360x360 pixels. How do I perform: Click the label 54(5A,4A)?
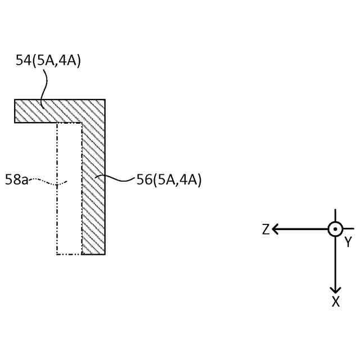(48, 61)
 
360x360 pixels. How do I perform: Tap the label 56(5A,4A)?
(169, 180)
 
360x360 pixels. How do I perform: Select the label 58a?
(16, 181)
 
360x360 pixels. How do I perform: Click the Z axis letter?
(266, 229)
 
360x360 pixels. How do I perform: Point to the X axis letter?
(335, 302)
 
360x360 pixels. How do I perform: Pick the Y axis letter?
(348, 242)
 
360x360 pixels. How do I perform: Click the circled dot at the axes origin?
(335, 229)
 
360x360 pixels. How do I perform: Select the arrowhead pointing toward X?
(335, 289)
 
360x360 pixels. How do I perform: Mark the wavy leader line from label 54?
(43, 87)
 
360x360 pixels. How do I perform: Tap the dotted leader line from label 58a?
(48, 181)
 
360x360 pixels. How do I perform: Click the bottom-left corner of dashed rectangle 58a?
(57, 254)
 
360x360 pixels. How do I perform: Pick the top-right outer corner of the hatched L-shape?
(105, 100)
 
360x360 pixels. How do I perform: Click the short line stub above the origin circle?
(335, 215)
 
